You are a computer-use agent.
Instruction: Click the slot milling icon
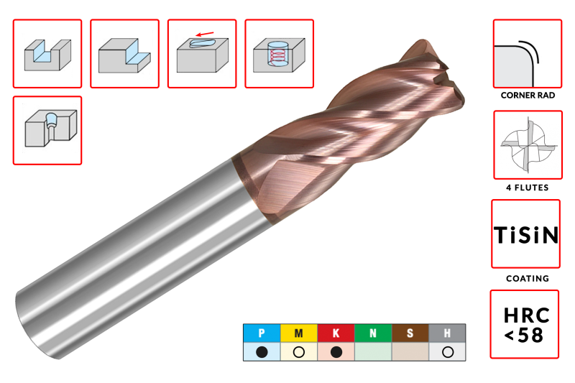point(47,54)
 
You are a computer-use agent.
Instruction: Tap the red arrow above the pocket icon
point(205,34)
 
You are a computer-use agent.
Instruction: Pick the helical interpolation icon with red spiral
point(279,55)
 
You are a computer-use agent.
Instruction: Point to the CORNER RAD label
point(528,96)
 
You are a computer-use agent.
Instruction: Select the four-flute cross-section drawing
point(528,145)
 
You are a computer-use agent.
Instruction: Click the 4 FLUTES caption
point(528,188)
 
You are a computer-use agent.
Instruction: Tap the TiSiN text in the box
point(526,234)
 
